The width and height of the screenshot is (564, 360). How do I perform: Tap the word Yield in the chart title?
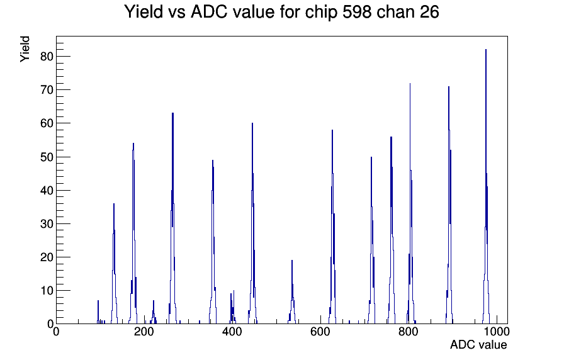pyautogui.click(x=144, y=12)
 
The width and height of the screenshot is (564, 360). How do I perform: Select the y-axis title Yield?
pyautogui.click(x=25, y=49)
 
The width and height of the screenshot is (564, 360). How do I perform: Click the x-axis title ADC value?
pyautogui.click(x=478, y=344)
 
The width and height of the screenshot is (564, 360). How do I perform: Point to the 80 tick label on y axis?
pyautogui.click(x=47, y=57)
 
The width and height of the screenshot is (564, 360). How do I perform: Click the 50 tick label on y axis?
pyautogui.click(x=47, y=157)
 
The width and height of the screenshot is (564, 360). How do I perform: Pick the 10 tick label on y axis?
pyautogui.click(x=47, y=291)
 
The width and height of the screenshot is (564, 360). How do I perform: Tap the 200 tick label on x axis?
pyautogui.click(x=144, y=332)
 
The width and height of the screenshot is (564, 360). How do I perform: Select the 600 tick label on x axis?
pyautogui.click(x=320, y=332)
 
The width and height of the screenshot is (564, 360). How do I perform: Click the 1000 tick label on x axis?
pyautogui.click(x=497, y=332)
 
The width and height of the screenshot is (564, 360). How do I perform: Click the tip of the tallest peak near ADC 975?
pyautogui.click(x=486, y=49)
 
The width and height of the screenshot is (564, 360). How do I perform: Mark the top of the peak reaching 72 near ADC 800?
pyautogui.click(x=410, y=83)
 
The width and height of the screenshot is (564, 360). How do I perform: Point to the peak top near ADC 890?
pyautogui.click(x=449, y=86)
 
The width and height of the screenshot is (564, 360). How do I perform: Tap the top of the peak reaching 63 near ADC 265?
pyautogui.click(x=172, y=113)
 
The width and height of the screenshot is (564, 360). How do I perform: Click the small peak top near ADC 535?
pyautogui.click(x=291, y=260)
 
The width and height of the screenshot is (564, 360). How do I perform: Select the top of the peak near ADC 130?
pyautogui.click(x=114, y=203)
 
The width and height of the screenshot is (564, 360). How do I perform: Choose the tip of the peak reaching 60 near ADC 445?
pyautogui.click(x=252, y=123)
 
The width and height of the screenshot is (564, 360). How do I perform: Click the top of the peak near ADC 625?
pyautogui.click(x=332, y=130)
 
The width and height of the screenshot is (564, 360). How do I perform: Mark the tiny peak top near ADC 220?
pyautogui.click(x=153, y=300)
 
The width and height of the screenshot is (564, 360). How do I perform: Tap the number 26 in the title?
pyautogui.click(x=429, y=12)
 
